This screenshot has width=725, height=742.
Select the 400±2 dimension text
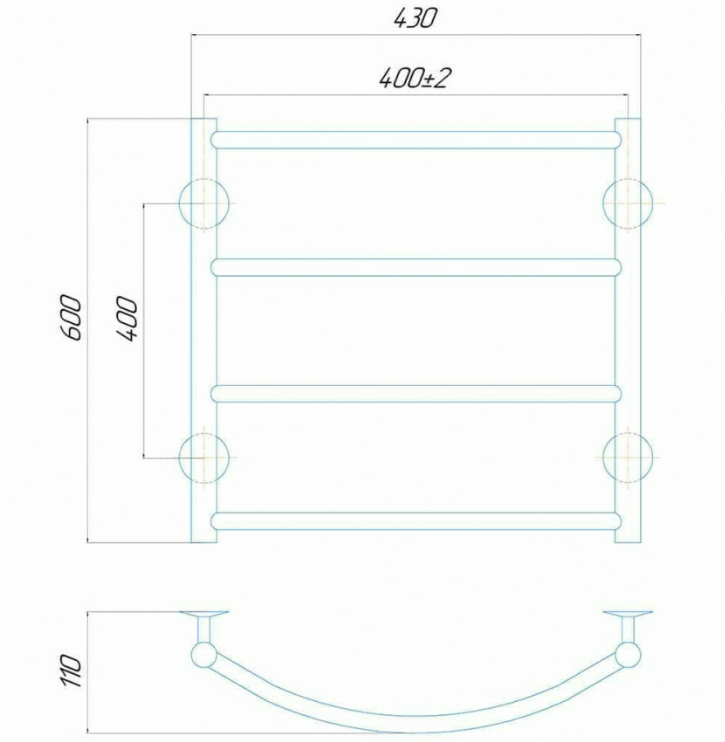(x=413, y=78)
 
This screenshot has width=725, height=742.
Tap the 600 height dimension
(x=72, y=317)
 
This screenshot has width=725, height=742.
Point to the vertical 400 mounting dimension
(x=127, y=318)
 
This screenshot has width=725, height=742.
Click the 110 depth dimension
(x=72, y=671)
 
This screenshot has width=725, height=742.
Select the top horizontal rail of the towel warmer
(x=416, y=140)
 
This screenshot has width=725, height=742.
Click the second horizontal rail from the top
(x=416, y=268)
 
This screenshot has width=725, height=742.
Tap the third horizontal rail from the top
(x=416, y=394)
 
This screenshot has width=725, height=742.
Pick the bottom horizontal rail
(x=416, y=521)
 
